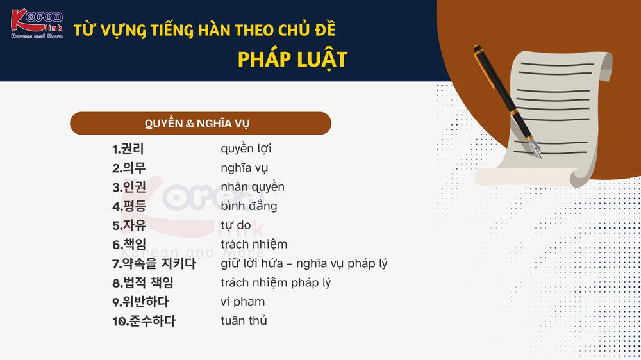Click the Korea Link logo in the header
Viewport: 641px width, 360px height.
[x=37, y=24]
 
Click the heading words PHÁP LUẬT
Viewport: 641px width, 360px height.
[x=292, y=60]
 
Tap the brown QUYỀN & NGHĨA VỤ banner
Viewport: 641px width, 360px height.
[x=200, y=123]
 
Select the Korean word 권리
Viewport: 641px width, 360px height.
[x=133, y=149]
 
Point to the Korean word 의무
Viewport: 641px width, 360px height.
[x=134, y=168]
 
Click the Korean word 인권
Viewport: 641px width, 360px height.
[x=135, y=187]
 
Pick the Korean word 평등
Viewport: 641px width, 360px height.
[x=135, y=206]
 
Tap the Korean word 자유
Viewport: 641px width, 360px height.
[x=135, y=225]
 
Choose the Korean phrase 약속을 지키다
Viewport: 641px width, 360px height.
[x=159, y=264]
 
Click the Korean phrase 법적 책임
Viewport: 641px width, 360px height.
[x=149, y=282]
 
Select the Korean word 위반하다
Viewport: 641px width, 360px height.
[x=146, y=302]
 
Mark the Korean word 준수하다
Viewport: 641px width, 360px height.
[x=152, y=321]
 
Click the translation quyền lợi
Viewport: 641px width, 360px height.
[x=246, y=149]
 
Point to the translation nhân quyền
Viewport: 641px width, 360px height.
[x=253, y=187]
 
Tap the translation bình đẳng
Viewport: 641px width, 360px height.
[x=249, y=206]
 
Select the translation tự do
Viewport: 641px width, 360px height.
[x=236, y=225]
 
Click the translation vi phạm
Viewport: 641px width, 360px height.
[x=243, y=302]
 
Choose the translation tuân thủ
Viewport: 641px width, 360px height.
[x=244, y=321]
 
